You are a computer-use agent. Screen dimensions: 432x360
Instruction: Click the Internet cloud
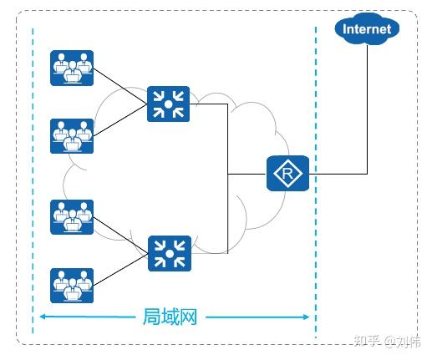point(367,28)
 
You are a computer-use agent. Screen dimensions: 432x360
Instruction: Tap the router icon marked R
point(287,173)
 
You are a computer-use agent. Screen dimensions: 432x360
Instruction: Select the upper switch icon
point(168,104)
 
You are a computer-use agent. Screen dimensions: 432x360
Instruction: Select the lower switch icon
point(170,253)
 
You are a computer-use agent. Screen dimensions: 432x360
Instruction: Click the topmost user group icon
point(72,68)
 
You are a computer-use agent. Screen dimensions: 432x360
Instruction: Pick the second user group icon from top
point(72,136)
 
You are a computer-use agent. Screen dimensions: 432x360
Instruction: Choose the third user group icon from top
point(72,217)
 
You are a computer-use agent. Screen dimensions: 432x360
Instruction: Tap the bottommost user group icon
point(72,286)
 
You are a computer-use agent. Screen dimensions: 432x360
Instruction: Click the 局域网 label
point(170,317)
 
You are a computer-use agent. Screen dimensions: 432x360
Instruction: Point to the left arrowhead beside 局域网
point(43,317)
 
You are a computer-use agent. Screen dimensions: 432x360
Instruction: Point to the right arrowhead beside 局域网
point(307,317)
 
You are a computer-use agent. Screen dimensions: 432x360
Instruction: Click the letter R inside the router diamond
point(287,174)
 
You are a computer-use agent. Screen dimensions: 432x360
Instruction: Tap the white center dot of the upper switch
point(168,104)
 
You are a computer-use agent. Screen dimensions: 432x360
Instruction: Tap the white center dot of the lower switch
point(170,254)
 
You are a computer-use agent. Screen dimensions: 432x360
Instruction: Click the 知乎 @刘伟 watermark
point(387,341)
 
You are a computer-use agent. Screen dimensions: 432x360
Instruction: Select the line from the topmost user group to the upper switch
point(120,86)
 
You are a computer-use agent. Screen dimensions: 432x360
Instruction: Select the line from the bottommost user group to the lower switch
point(121,270)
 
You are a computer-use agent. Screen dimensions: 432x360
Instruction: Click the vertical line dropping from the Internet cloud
point(367,109)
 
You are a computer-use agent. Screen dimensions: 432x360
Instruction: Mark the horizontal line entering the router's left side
point(247,175)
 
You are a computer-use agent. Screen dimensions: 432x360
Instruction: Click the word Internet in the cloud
point(367,29)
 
